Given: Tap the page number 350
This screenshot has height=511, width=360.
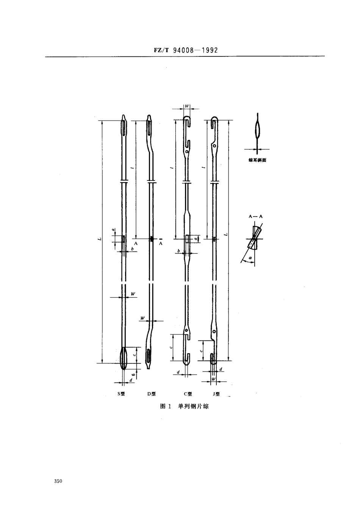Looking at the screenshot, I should pyautogui.click(x=58, y=481).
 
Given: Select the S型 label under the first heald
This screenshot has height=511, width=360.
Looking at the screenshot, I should pyautogui.click(x=121, y=394).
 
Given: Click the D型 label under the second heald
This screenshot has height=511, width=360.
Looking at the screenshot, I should pyautogui.click(x=152, y=394).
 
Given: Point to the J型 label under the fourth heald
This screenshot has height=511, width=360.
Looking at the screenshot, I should pyautogui.click(x=216, y=394).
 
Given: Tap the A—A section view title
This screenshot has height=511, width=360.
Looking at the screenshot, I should pyautogui.click(x=255, y=216).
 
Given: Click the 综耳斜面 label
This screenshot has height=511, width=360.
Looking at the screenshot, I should pyautogui.click(x=257, y=160).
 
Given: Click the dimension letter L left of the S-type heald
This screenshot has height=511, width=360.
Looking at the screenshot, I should pyautogui.click(x=98, y=239).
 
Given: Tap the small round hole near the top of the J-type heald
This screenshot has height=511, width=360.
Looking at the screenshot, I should pyautogui.click(x=214, y=145).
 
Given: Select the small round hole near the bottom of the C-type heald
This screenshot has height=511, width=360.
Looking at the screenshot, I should pyautogui.click(x=186, y=331).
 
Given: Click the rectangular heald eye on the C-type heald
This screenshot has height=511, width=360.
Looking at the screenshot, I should pyautogui.click(x=187, y=239).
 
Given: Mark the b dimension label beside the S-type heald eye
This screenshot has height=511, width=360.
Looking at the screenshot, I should pyautogui.click(x=132, y=249).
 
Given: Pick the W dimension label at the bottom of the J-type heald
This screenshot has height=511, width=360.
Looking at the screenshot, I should pyautogui.click(x=213, y=379).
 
